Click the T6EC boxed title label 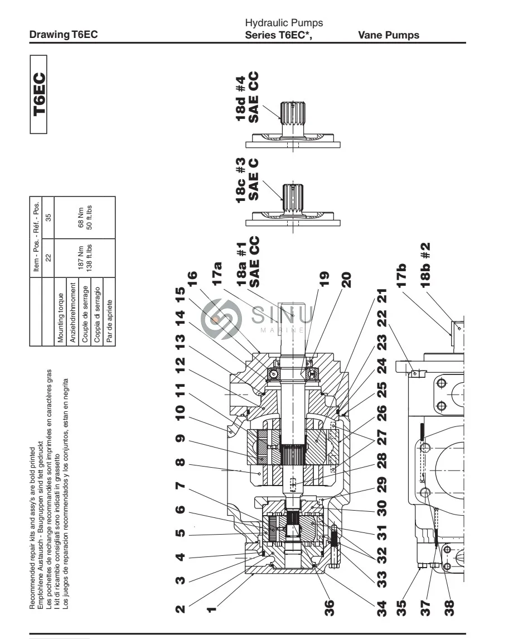coord(38,94)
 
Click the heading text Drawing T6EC coord(64,35)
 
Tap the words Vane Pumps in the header coord(389,35)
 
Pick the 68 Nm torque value coord(81,218)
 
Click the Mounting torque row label coord(60,318)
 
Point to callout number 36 coord(329,607)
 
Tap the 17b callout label coord(401,276)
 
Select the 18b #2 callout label coord(425,265)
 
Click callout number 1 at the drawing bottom coord(211,609)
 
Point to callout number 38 coord(449,608)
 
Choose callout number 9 coord(180,439)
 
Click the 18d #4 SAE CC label coord(246,98)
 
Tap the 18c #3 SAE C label coord(246,179)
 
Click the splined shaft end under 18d coord(293,113)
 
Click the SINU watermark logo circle coord(221,319)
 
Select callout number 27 coord(381,439)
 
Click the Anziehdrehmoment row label coord(73,313)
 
